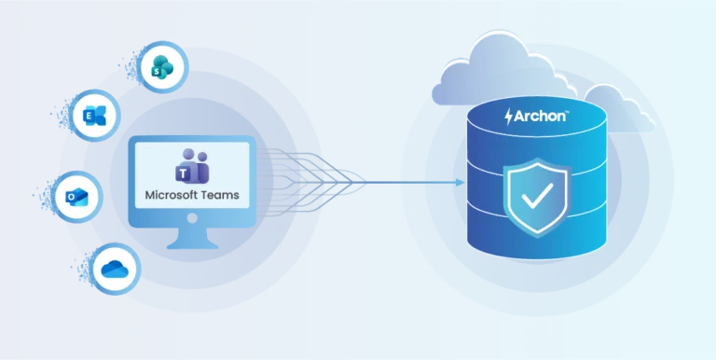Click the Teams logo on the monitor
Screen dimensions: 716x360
pos(191,168)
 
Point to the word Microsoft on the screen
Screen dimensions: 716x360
pos(169,196)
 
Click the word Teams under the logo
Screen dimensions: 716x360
pos(218,196)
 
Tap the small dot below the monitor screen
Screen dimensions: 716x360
pos(193,217)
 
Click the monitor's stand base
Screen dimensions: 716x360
pos(193,244)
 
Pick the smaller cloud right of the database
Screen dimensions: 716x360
pos(617,107)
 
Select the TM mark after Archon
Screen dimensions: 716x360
pos(568,112)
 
